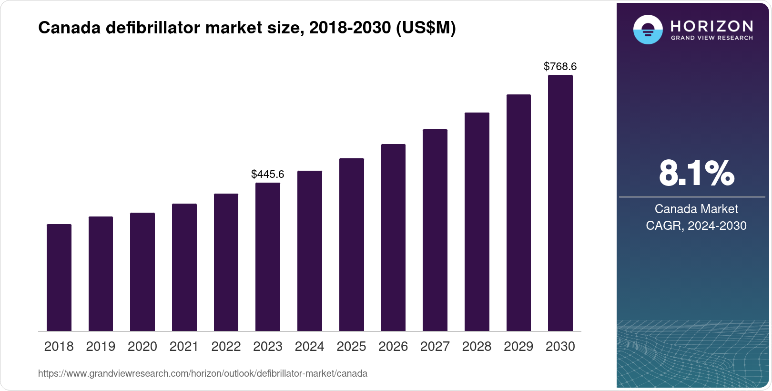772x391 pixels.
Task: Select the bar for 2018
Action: click(59, 278)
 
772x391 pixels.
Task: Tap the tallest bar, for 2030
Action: click(560, 203)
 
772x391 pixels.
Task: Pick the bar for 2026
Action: click(393, 237)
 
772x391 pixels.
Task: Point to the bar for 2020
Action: click(142, 272)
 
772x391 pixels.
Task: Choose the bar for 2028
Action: click(477, 222)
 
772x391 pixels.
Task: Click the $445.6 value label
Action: click(268, 174)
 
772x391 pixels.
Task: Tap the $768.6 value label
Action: click(560, 66)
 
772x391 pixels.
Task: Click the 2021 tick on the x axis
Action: click(184, 346)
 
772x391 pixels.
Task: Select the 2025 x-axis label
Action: click(351, 346)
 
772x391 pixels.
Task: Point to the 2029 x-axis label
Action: click(518, 346)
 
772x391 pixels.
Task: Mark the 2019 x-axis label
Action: click(101, 346)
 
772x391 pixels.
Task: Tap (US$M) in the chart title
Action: click(426, 28)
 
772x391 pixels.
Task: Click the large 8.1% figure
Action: click(696, 173)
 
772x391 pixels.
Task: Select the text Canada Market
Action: click(696, 209)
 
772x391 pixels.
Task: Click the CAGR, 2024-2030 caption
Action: click(696, 226)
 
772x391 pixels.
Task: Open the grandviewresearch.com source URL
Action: click(203, 373)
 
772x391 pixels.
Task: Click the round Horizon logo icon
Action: click(648, 30)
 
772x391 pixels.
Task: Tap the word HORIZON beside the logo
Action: click(711, 26)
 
